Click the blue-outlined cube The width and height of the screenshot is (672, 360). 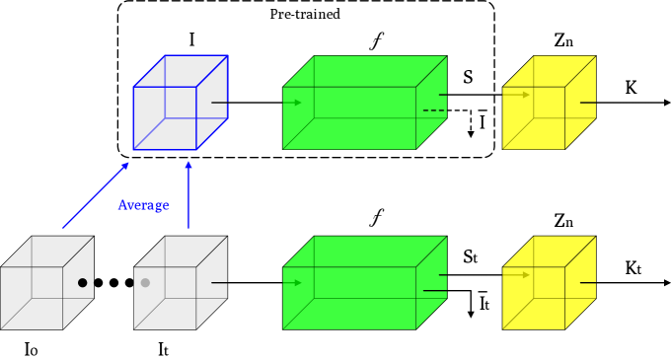[x=180, y=103]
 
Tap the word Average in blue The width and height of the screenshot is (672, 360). [x=144, y=205]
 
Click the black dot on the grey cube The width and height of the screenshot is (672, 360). [x=83, y=283]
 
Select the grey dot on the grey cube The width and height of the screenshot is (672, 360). [x=145, y=283]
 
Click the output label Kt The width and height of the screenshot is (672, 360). [x=633, y=268]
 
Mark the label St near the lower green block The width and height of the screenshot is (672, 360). [x=471, y=256]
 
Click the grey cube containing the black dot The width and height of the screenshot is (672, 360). [x=47, y=283]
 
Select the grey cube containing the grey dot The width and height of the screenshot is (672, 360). [x=180, y=283]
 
